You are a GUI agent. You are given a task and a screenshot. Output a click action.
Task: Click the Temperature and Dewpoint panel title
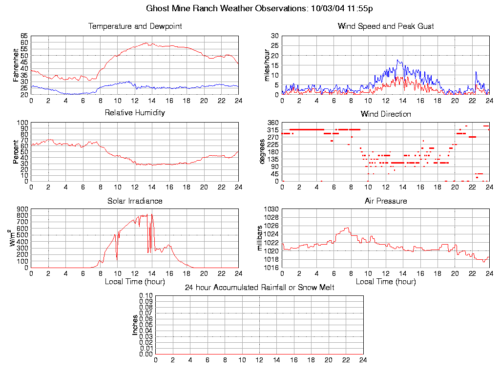[135, 26]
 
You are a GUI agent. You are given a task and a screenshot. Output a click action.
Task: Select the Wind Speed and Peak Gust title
[386, 26]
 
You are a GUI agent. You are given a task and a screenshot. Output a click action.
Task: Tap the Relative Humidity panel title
[135, 113]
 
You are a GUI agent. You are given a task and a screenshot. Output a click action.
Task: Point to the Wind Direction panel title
[386, 114]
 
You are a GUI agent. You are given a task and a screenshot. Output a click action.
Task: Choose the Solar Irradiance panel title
[135, 201]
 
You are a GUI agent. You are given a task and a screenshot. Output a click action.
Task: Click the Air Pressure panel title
[386, 201]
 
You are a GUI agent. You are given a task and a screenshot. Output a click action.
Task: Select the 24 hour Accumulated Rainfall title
[259, 288]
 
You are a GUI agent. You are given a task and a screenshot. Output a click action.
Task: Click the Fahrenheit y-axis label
[16, 65]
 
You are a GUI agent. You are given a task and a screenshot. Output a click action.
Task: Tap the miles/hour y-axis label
[267, 65]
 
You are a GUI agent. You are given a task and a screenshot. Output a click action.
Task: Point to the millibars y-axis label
[260, 238]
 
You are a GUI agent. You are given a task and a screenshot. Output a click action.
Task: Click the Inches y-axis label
[135, 325]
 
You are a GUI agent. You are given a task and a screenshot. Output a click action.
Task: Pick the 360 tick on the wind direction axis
[272, 123]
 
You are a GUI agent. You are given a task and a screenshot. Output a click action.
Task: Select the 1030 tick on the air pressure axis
[271, 209]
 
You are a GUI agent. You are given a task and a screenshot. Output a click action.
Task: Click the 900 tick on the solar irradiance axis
[22, 209]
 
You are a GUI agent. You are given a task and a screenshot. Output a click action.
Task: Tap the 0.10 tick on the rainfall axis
[146, 296]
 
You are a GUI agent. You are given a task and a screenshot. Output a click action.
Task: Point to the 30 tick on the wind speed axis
[274, 36]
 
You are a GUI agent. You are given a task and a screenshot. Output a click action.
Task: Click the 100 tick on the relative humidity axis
[22, 123]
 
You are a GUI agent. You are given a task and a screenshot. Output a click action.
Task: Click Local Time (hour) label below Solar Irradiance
[135, 282]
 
